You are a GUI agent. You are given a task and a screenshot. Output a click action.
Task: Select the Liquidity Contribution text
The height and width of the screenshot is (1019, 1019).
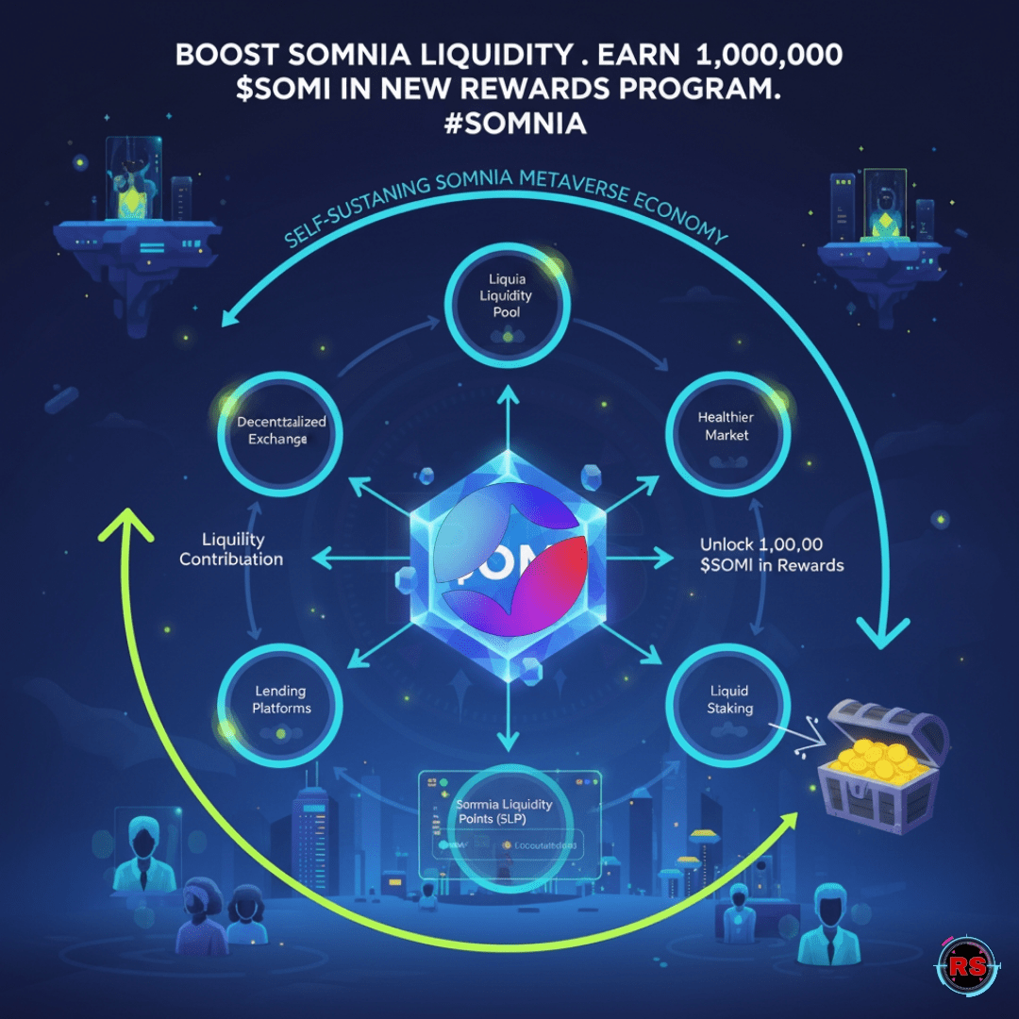pos(230,549)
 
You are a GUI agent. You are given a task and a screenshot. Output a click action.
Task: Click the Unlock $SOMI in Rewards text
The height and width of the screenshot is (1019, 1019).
pos(772,555)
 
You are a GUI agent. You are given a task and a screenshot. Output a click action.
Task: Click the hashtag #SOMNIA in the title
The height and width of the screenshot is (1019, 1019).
pos(509,124)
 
